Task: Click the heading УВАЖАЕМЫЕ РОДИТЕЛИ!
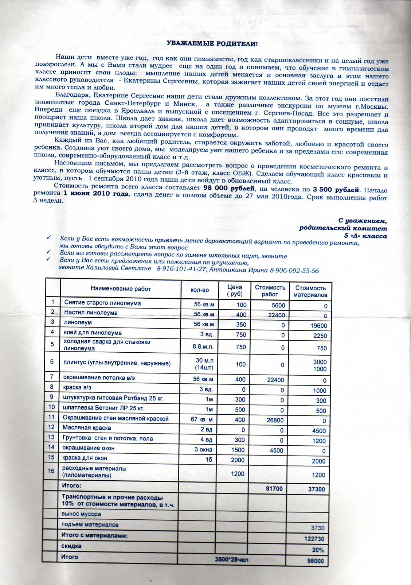point(212,44)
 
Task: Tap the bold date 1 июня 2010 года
point(96,194)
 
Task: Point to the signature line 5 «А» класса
point(365,236)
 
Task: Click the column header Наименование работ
point(121,289)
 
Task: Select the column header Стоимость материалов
point(310,291)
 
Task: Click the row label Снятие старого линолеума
point(102,303)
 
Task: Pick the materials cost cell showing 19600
point(319,326)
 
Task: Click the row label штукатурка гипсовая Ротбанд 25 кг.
point(113,398)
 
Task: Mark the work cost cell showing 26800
point(275,420)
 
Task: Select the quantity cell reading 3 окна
point(203,450)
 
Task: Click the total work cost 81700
point(274,488)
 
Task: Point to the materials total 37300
point(316,489)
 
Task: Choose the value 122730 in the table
point(314,539)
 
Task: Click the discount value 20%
point(318,550)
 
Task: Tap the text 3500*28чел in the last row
point(231,559)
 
